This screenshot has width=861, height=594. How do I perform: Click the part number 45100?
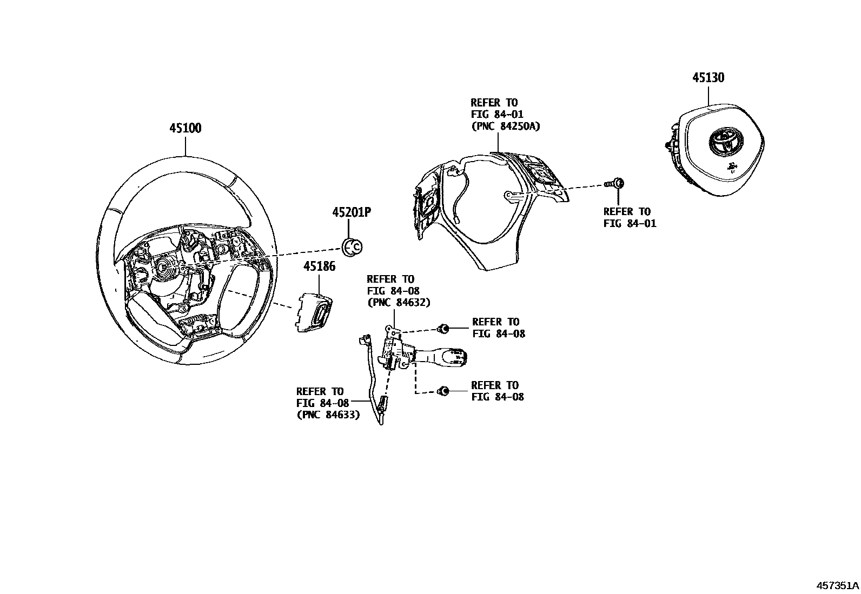(185, 129)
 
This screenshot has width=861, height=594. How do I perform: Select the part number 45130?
(708, 78)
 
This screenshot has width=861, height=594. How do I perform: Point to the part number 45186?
(319, 266)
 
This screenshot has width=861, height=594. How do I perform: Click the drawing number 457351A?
(837, 585)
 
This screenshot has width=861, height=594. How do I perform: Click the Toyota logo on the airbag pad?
(723, 142)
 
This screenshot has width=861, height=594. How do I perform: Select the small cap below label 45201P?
(353, 246)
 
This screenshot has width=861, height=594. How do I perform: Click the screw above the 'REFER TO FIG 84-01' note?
(617, 184)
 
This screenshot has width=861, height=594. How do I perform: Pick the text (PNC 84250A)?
(505, 126)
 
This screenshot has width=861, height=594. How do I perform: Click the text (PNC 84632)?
(398, 303)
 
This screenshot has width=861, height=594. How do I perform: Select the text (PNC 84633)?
(328, 415)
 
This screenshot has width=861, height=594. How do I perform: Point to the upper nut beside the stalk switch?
(443, 328)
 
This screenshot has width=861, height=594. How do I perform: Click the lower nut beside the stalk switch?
(443, 391)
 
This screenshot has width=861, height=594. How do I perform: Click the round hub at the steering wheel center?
(163, 266)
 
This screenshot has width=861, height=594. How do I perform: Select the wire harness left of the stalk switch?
(372, 378)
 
